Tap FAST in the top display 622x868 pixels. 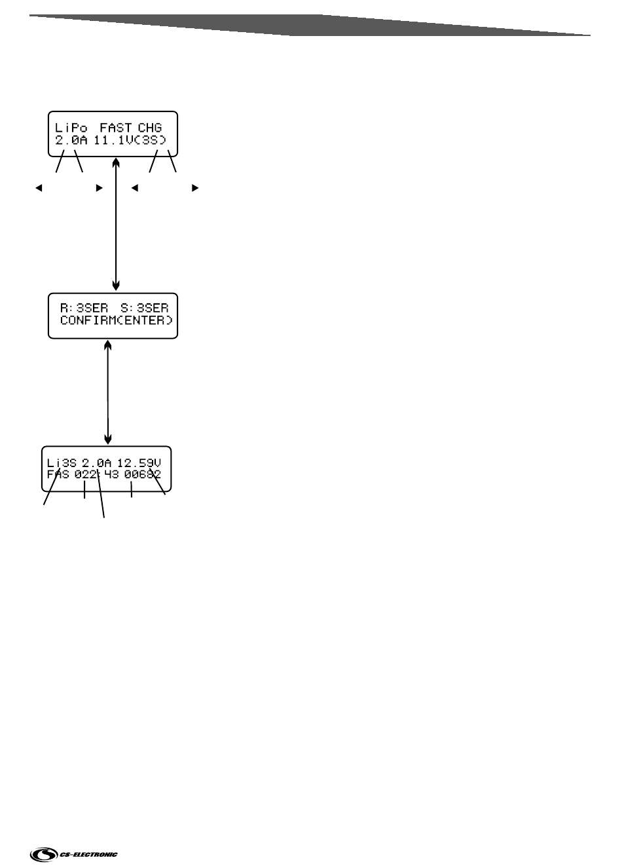pyautogui.click(x=116, y=128)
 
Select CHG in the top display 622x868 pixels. pyautogui.click(x=150, y=128)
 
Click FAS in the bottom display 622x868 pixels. pyautogui.click(x=58, y=475)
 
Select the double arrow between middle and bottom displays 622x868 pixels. pyautogui.click(x=108, y=391)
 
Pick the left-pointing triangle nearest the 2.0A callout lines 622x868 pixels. pyautogui.click(x=39, y=188)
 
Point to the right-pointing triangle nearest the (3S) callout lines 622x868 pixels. pyautogui.click(x=194, y=188)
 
